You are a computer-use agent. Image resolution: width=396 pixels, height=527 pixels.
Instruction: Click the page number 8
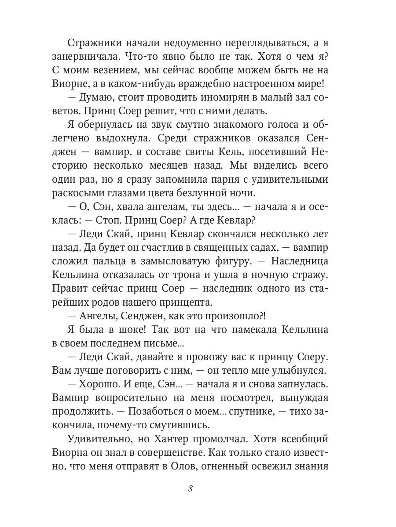pos(190,489)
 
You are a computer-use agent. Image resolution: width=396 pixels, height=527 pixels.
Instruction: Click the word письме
pos(170,343)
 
